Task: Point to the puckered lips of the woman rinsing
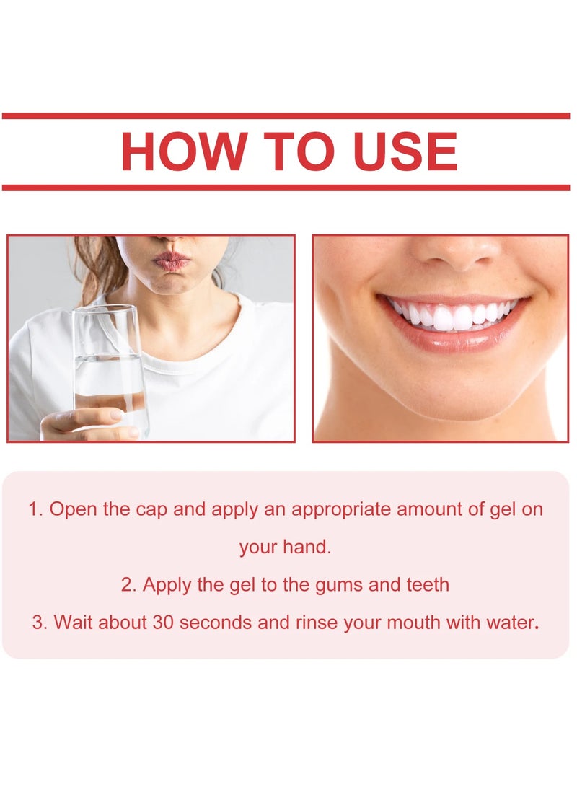(x=171, y=261)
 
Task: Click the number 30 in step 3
(x=163, y=622)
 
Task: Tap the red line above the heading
(x=286, y=115)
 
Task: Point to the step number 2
(x=128, y=584)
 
